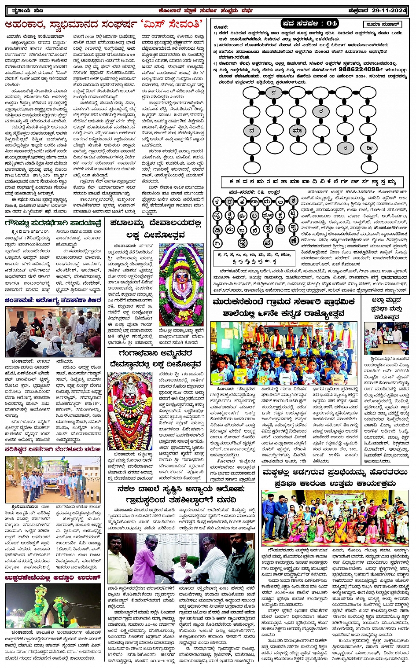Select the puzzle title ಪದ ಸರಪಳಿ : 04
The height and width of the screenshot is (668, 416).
[x=309, y=23]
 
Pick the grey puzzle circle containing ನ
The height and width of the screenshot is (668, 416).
[x=274, y=92]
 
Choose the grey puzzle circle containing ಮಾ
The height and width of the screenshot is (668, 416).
[x=297, y=131]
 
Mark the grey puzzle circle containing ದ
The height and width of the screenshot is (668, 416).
[x=251, y=131]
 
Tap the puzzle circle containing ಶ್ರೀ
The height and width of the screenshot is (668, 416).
[x=369, y=148]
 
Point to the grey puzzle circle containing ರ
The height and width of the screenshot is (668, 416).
[x=321, y=111]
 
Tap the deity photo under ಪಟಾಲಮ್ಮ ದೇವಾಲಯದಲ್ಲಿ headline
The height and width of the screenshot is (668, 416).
[x=181, y=284]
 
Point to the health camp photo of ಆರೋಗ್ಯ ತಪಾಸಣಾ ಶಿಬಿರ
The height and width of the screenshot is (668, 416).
[x=53, y=332]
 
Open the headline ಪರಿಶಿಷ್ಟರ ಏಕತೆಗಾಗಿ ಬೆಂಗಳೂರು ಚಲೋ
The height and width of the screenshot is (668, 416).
[x=53, y=449]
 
